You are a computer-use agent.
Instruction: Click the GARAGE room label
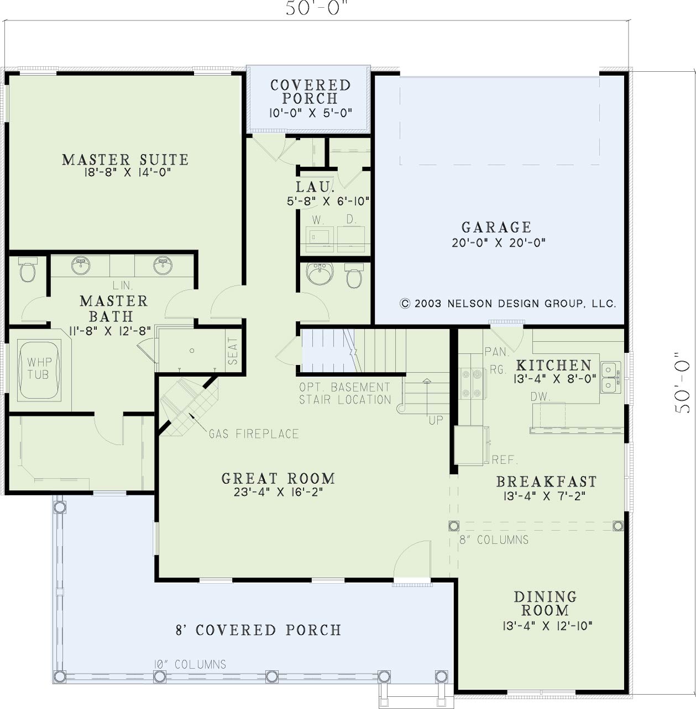pyautogui.click(x=496, y=227)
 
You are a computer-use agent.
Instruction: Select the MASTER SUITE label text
pyautogui.click(x=125, y=160)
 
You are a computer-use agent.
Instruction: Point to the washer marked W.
pyautogui.click(x=320, y=239)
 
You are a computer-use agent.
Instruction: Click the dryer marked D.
pyautogui.click(x=351, y=239)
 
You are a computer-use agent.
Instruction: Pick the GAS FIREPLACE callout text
pyautogui.click(x=254, y=434)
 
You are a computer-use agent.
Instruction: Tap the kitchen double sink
pyautogui.click(x=610, y=377)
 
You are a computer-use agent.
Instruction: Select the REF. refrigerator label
pyautogui.click(x=505, y=459)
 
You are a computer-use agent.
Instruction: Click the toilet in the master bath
pyautogui.click(x=28, y=269)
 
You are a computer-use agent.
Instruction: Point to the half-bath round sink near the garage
pyautogui.click(x=320, y=273)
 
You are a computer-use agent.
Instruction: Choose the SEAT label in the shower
pyautogui.click(x=233, y=351)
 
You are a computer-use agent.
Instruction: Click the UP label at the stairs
pyautogui.click(x=436, y=420)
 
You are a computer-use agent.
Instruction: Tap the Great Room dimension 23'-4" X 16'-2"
pyautogui.click(x=279, y=493)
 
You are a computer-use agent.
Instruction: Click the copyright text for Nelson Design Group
pyautogui.click(x=508, y=304)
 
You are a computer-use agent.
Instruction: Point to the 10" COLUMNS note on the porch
pyautogui.click(x=190, y=664)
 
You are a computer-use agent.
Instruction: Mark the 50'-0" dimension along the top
pyautogui.click(x=317, y=8)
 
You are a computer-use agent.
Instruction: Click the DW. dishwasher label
pyautogui.click(x=541, y=396)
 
